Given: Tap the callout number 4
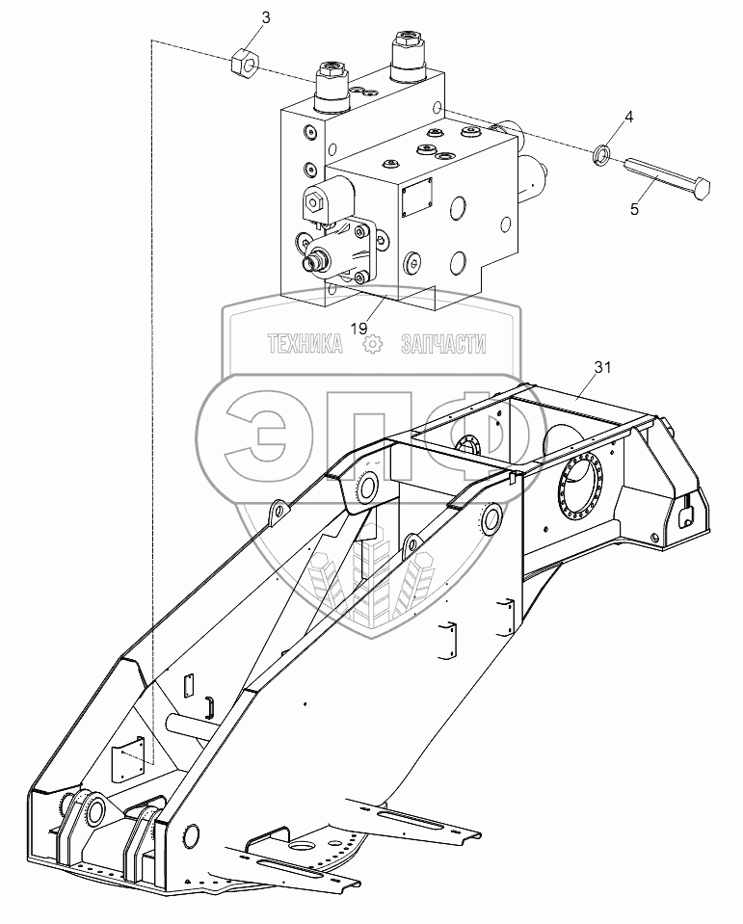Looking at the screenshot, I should click(x=628, y=118).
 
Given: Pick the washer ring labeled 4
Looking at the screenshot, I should click(x=600, y=152).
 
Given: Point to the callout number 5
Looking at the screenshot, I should click(x=634, y=207).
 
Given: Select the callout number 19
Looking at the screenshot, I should click(x=359, y=329).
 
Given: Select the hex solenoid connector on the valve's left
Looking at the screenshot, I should click(x=314, y=201).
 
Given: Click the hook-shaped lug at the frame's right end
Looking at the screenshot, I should click(x=688, y=513).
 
